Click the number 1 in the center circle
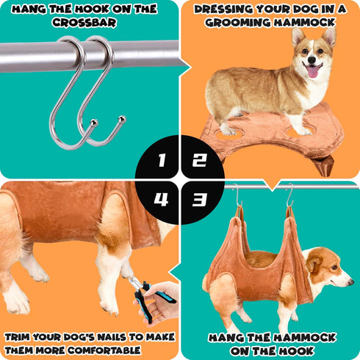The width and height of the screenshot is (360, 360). [x=161, y=160]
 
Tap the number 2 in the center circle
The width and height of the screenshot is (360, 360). [x=199, y=160]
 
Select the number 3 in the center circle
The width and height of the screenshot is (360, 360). [x=199, y=199]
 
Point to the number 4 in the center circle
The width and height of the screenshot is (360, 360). [x=161, y=199]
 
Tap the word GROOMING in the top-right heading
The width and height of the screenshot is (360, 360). [x=234, y=23]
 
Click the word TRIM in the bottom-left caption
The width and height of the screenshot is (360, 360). [x=20, y=336]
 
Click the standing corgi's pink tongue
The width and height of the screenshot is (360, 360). [x=313, y=71]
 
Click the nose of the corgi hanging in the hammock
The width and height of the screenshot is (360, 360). [x=351, y=278]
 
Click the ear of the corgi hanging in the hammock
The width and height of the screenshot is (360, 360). [x=314, y=262]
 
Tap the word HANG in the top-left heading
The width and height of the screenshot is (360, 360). [x=29, y=9]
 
